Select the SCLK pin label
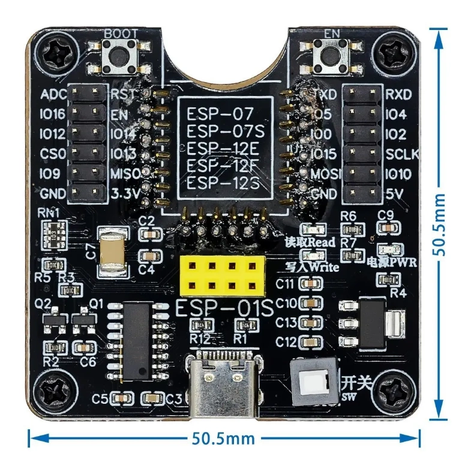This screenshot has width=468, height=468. (403, 154)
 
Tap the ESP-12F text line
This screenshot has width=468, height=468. (223, 166)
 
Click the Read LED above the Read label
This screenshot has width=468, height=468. (311, 230)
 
